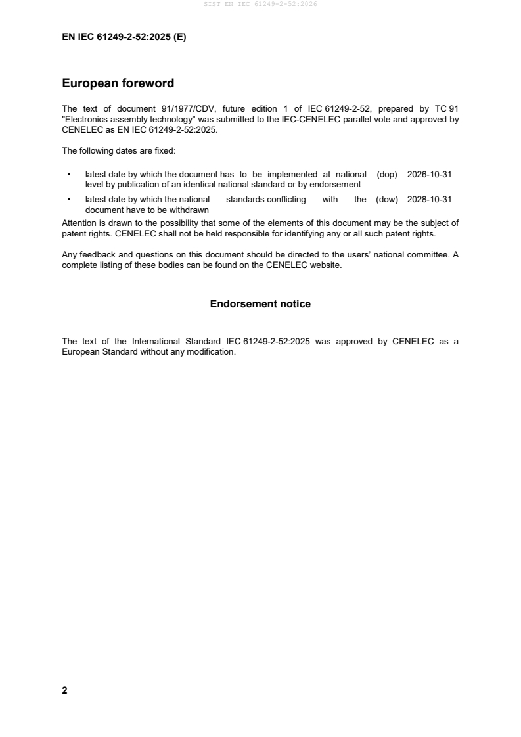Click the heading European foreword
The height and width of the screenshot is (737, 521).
[118, 83]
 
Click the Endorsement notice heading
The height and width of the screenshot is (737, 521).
[260, 304]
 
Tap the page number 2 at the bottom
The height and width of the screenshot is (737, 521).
[64, 690]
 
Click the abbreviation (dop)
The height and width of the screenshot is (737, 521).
[387, 175]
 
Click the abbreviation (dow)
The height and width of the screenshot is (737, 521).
[387, 200]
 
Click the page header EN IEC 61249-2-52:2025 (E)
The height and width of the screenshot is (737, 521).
[124, 37]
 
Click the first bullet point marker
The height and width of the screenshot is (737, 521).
[68, 175]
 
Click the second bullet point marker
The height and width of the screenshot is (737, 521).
[68, 200]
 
